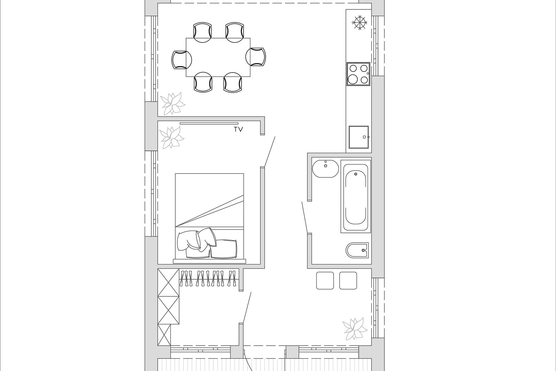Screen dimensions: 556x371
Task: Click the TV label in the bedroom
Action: click(239, 130)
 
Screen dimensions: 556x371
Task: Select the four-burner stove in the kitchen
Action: click(358, 74)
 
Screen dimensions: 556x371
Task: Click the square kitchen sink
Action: click(359, 137)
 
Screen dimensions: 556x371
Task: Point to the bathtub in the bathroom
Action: click(356, 196)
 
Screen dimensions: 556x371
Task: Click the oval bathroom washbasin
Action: click(325, 169)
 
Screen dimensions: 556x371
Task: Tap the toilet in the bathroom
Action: click(357, 250)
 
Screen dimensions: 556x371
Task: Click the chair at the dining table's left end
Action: click(182, 60)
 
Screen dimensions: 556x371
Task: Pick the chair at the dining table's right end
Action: click(256, 57)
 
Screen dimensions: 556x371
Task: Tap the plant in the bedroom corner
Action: click(171, 137)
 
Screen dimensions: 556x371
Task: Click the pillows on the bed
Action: click(207, 243)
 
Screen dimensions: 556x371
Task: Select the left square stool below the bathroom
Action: click(325, 281)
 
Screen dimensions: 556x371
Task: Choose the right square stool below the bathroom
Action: click(348, 281)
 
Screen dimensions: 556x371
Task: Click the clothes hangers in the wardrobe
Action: click(208, 278)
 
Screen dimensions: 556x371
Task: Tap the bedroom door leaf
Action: click(269, 152)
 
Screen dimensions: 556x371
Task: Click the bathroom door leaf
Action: click(305, 217)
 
